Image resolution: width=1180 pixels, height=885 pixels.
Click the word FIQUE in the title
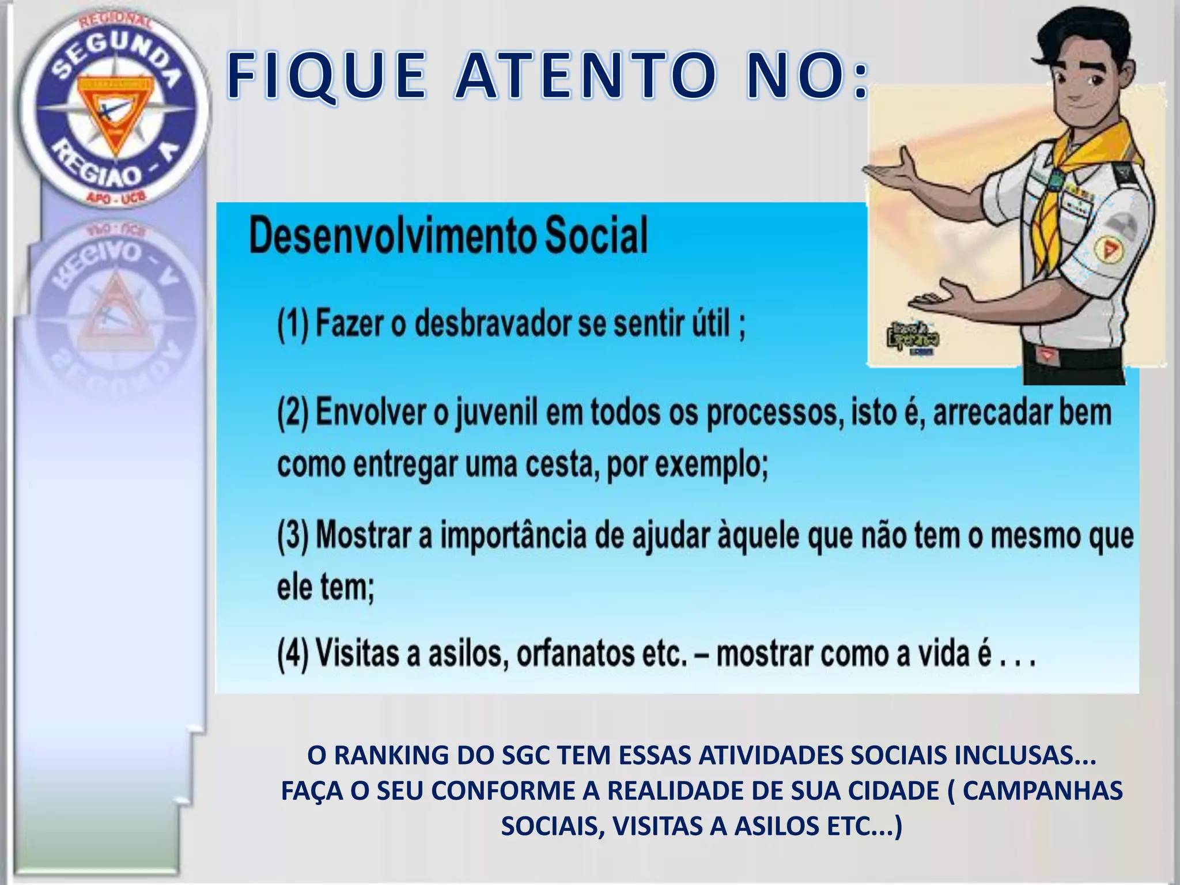coord(326,77)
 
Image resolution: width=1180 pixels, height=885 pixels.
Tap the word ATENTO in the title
coord(583,77)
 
